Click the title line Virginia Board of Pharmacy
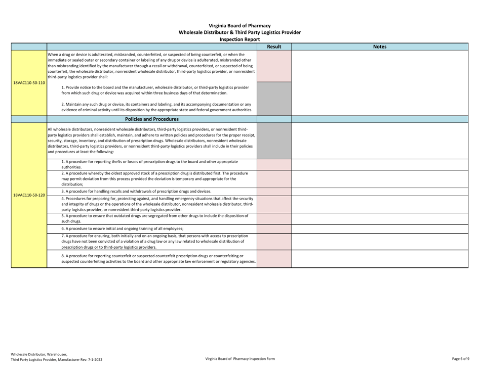pos(240,25)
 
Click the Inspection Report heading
pos(240,39)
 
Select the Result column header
pos(274,47)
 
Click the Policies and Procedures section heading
pos(152,119)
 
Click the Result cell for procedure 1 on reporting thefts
pos(274,164)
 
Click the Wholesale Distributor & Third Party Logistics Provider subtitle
pos(240,32)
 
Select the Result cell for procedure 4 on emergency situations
pos(274,204)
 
